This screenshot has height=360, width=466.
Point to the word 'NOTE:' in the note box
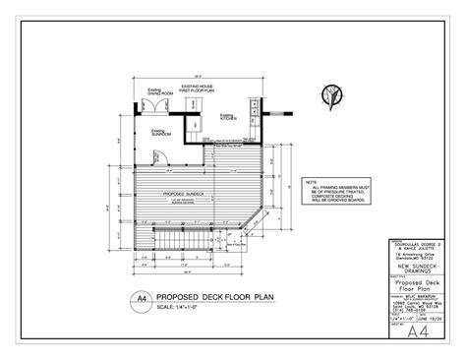[x=311, y=182]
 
